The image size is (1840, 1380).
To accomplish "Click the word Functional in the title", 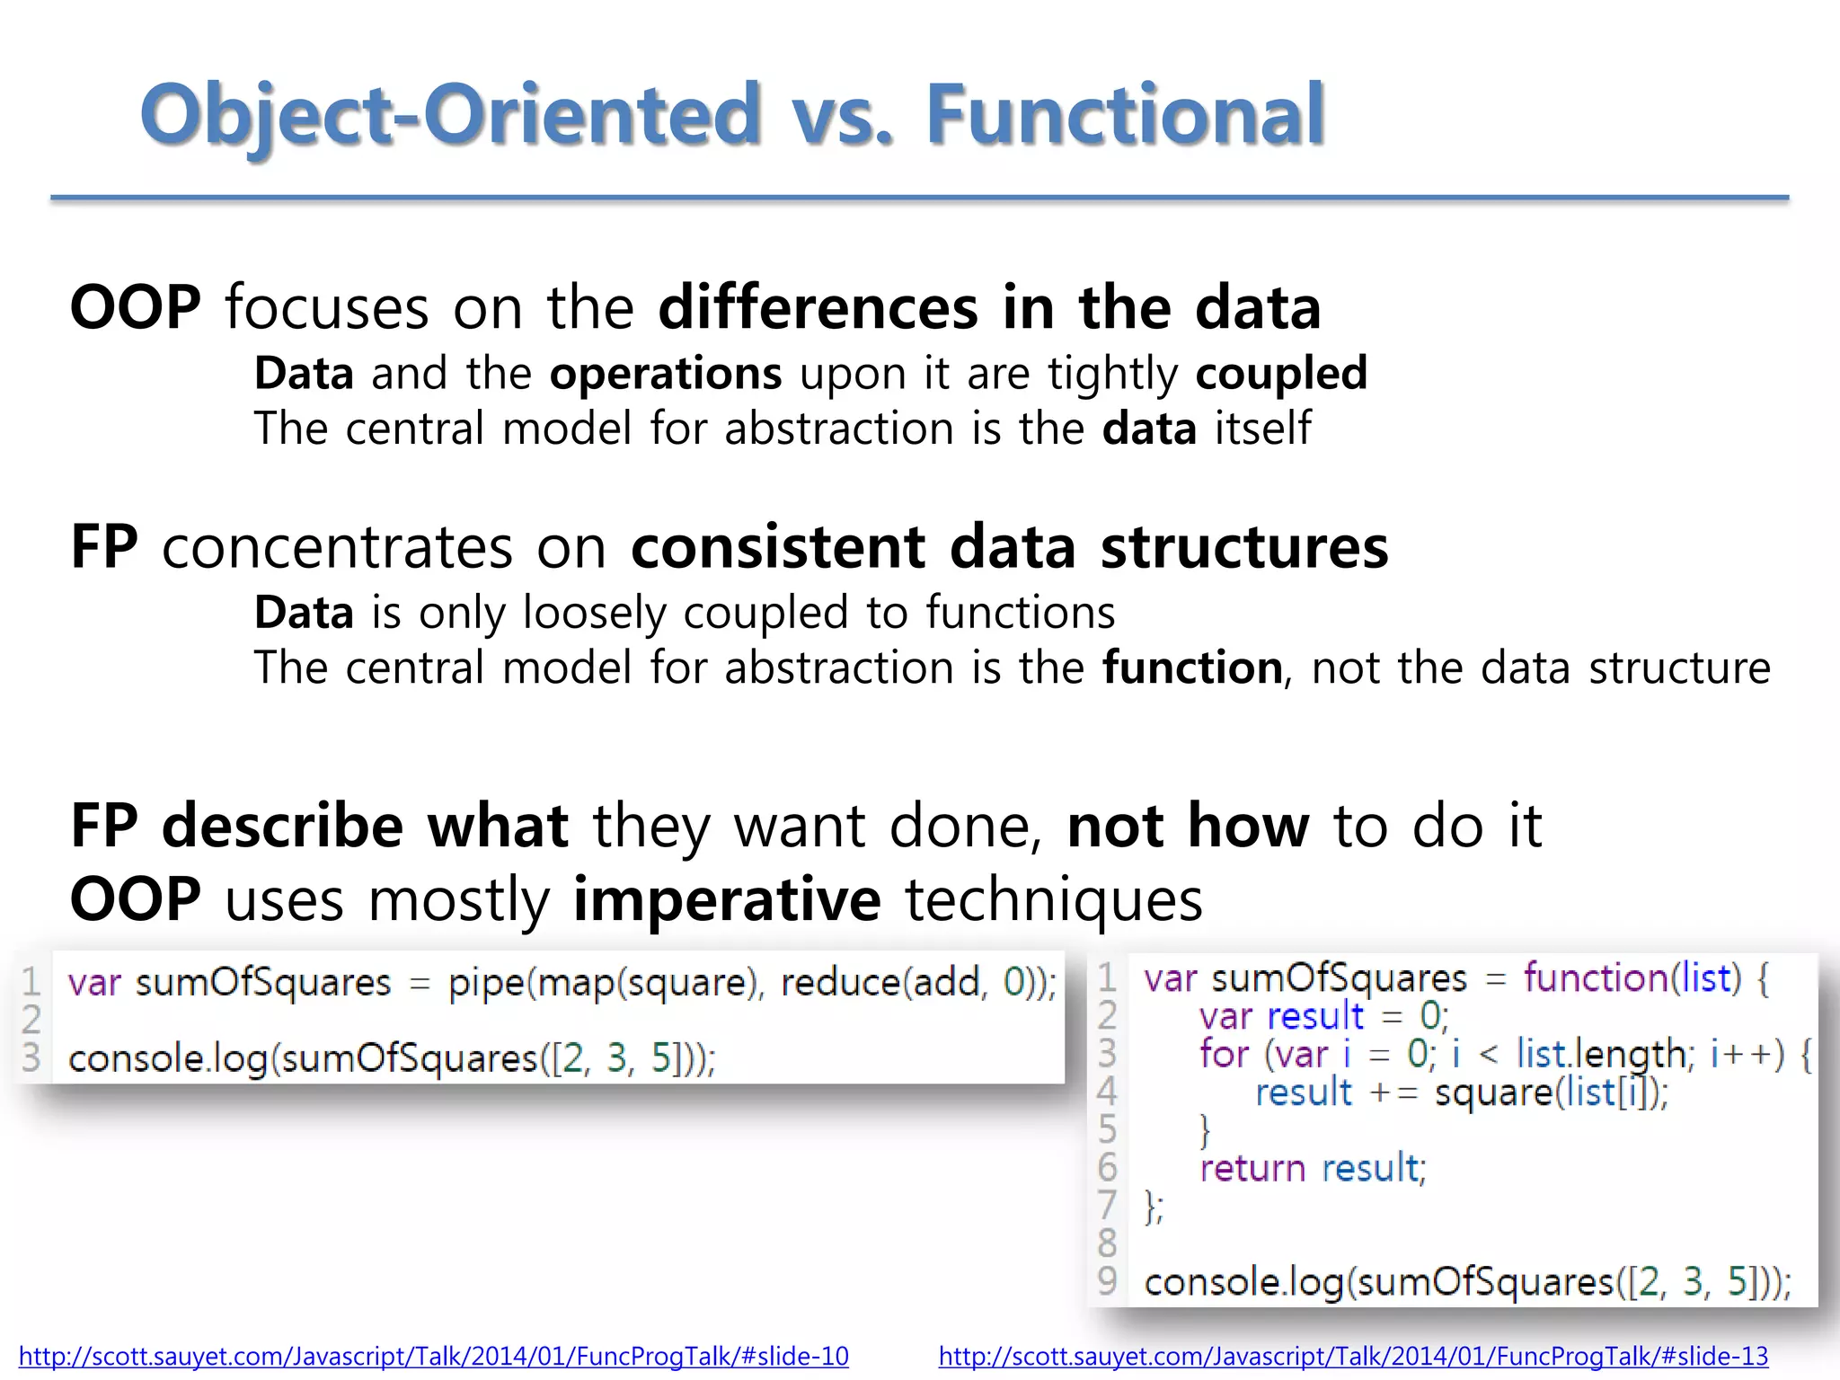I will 1125,114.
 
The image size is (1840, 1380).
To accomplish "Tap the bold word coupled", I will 1281,373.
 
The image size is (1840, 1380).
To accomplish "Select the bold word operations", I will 666,373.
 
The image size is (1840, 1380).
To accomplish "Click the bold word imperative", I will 727,899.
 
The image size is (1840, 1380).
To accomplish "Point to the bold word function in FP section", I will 1192,668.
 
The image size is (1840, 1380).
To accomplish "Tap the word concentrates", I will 337,546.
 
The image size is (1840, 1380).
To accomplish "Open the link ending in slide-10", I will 433,1356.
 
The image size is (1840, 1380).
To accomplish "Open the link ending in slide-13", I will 1353,1356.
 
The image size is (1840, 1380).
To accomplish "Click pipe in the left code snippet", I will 485,983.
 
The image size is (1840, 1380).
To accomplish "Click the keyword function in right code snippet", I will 1595,977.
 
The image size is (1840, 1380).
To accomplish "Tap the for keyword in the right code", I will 1224,1054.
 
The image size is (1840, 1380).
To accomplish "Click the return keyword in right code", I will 1252,1168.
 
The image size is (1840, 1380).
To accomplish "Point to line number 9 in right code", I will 1107,1280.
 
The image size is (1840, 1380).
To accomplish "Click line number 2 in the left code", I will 31,1020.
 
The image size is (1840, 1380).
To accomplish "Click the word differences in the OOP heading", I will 818,308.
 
